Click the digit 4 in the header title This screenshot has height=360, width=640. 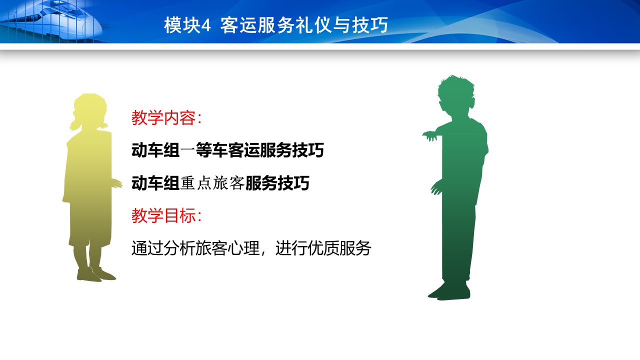[x=206, y=25]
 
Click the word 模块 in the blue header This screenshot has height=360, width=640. [x=182, y=25]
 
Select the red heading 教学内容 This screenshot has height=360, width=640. [x=163, y=117]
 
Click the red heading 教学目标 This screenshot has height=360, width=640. [x=163, y=215]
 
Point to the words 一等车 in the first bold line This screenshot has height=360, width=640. [x=203, y=150]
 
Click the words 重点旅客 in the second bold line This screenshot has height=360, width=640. [x=212, y=183]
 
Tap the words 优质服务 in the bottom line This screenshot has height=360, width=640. [x=339, y=247]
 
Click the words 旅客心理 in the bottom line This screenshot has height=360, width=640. [x=227, y=247]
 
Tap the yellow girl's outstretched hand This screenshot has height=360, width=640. [x=116, y=183]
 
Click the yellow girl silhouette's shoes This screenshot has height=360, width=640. [x=96, y=274]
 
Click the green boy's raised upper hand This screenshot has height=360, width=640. [x=430, y=135]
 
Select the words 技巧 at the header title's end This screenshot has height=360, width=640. [x=370, y=25]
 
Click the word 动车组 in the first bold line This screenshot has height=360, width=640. [x=155, y=150]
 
